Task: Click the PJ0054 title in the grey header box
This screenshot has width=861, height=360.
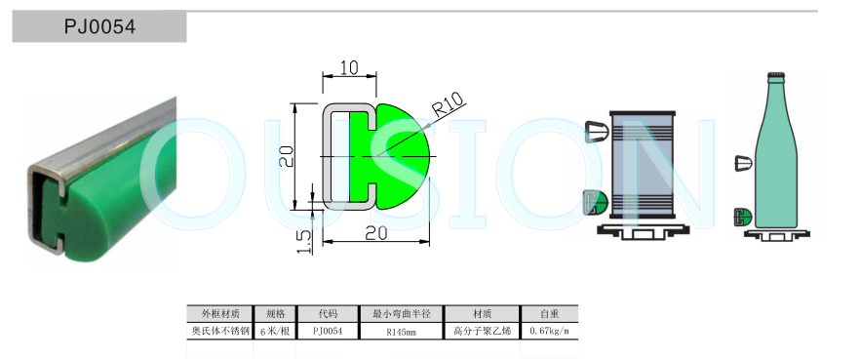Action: coord(99,26)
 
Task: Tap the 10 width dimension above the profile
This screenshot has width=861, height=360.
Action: coord(349,67)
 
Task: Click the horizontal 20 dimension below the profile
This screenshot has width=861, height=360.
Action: coord(376,233)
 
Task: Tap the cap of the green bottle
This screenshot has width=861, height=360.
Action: coord(775,75)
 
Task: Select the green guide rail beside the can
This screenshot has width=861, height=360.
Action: coord(594,201)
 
